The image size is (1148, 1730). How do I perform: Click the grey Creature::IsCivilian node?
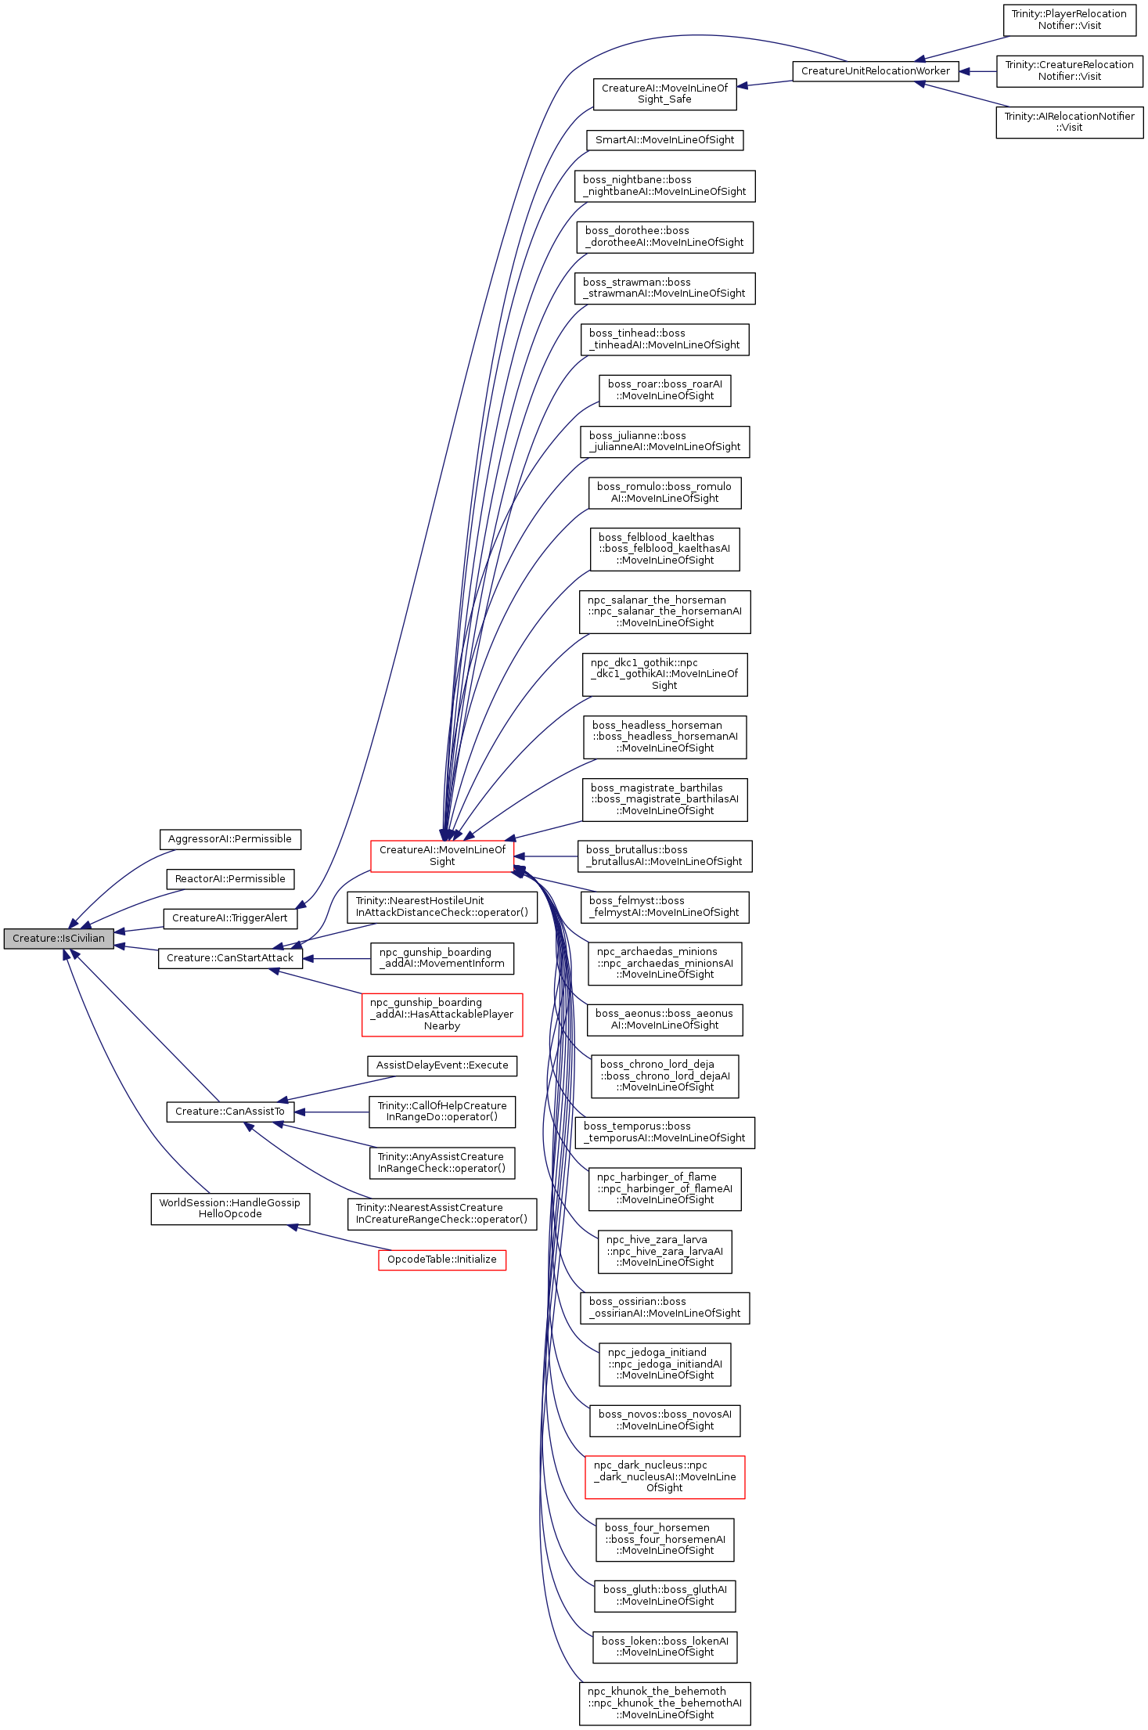(59, 938)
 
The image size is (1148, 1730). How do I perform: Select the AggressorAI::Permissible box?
(230, 839)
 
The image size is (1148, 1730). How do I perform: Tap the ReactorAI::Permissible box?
(230, 879)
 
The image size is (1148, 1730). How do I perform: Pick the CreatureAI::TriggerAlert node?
(230, 918)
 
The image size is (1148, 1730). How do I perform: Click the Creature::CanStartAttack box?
(230, 958)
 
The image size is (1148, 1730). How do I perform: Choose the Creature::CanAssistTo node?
(230, 1112)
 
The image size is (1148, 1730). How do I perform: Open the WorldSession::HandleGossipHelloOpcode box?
(230, 1209)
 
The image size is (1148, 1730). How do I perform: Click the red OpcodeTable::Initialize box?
(442, 1260)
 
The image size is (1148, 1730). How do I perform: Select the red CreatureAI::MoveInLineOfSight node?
(442, 856)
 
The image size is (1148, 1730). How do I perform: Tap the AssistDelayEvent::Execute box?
(442, 1065)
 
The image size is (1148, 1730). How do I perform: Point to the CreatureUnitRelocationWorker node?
(876, 71)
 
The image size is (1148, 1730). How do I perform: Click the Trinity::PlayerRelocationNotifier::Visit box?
(1069, 20)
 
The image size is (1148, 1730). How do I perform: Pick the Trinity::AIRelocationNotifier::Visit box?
(1069, 122)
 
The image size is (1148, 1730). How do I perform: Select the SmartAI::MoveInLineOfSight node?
(664, 140)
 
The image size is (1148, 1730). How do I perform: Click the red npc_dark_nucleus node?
(664, 1476)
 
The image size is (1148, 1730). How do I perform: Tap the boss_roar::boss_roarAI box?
(664, 390)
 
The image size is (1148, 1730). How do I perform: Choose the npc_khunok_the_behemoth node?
(664, 1703)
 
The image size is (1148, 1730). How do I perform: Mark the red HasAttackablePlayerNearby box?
(442, 1015)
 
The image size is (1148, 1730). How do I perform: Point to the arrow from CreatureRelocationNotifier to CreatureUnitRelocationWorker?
(978, 71)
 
